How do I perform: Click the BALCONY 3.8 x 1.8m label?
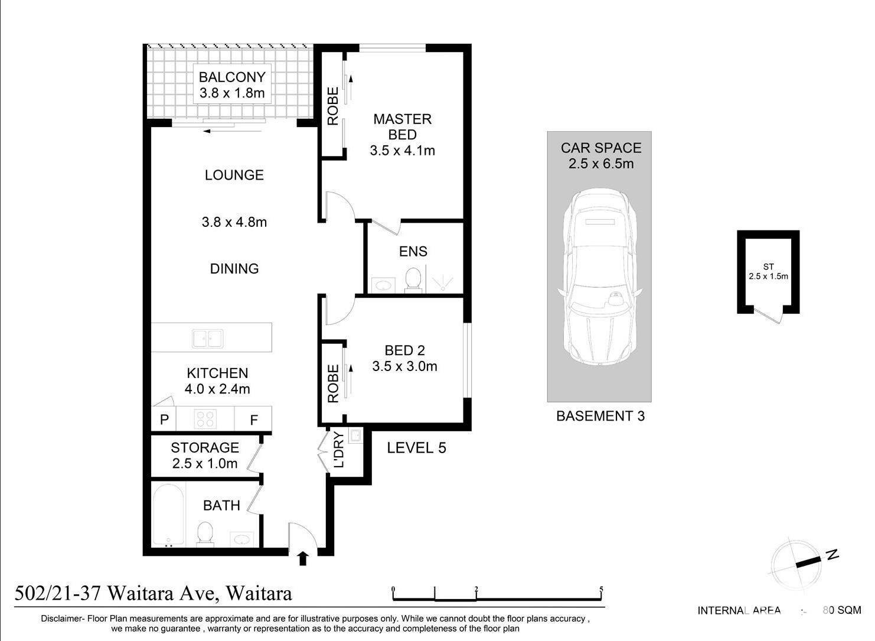(x=232, y=85)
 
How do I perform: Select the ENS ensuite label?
(x=413, y=251)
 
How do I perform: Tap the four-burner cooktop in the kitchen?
(x=205, y=419)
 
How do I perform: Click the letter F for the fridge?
(x=254, y=420)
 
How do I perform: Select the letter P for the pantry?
(x=165, y=420)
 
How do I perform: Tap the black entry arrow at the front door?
(x=303, y=558)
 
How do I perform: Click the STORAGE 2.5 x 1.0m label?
(x=205, y=455)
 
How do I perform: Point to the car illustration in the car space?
(x=600, y=277)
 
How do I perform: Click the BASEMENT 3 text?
(x=600, y=416)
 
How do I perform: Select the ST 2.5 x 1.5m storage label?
(x=768, y=272)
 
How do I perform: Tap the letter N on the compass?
(x=832, y=555)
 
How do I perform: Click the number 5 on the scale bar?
(x=602, y=589)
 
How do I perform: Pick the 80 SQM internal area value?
(x=842, y=610)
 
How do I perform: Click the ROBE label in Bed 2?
(x=333, y=384)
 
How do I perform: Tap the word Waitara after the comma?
(x=259, y=593)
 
